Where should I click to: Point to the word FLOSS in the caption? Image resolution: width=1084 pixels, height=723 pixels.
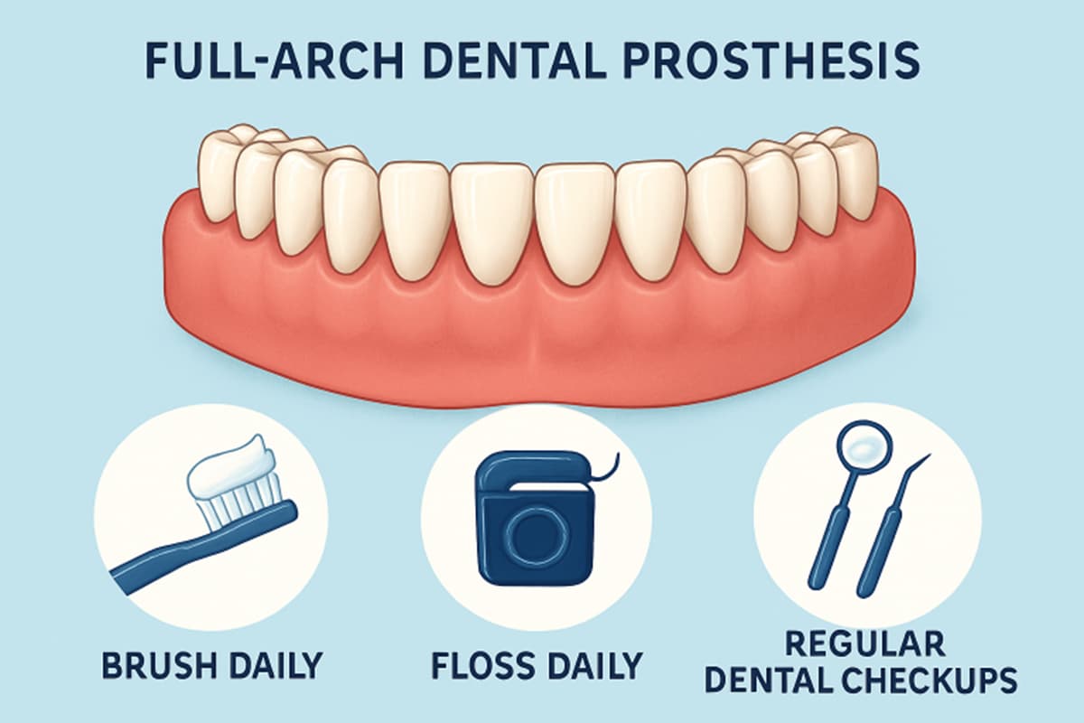[484, 665]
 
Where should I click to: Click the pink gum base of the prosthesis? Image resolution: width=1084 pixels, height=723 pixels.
[542, 334]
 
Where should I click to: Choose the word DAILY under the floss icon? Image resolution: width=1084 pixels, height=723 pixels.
[591, 665]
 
